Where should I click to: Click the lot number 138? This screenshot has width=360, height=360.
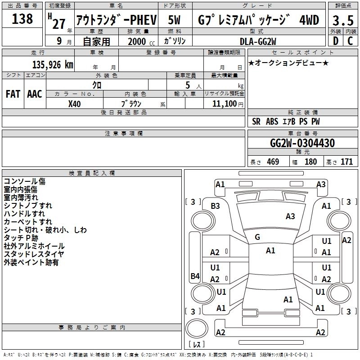point(22,19)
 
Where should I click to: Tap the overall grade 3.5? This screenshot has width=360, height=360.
point(342,21)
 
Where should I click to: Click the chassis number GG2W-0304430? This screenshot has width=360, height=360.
point(302,144)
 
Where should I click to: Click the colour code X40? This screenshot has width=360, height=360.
point(74,104)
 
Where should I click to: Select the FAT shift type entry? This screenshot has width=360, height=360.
point(13,94)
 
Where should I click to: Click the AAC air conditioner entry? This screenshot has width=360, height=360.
point(35,94)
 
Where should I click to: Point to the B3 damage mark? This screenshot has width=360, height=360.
point(216,206)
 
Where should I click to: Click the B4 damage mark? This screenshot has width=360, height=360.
point(195,276)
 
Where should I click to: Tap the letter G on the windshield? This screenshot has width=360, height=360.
point(257,237)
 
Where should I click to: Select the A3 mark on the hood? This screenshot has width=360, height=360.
point(290,216)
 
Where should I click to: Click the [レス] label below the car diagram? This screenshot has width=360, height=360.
point(197,345)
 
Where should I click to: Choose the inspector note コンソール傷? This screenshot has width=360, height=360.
point(24,181)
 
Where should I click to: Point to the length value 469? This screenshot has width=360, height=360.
point(271,162)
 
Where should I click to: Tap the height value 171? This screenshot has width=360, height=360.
point(346,162)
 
